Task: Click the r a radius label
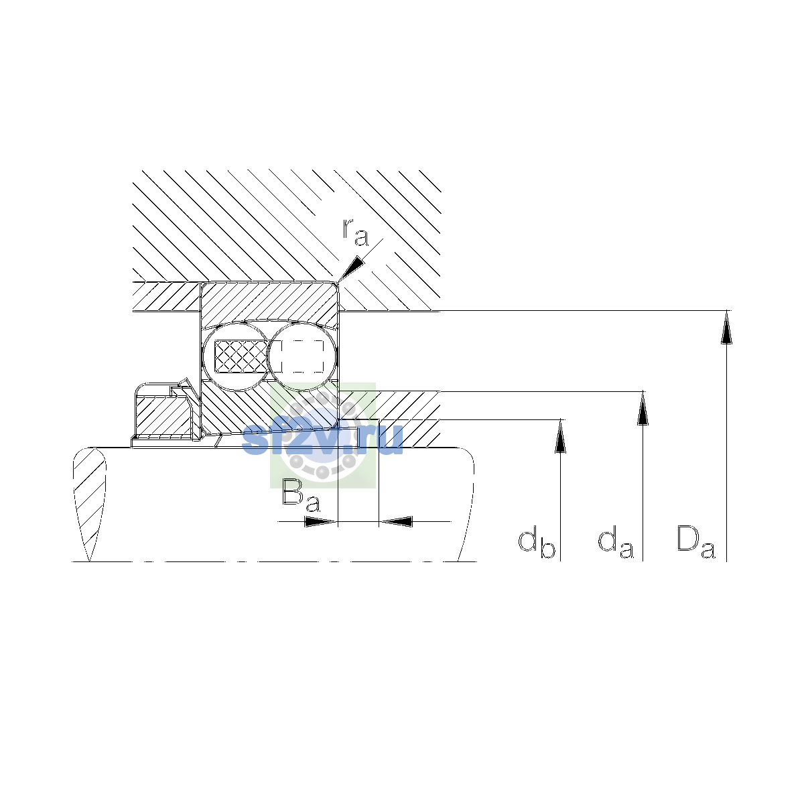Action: pos(356,232)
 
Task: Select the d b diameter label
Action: pos(537,544)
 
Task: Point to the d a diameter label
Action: pos(616,543)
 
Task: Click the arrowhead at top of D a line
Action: pos(726,327)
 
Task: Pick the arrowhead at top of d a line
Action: pos(643,408)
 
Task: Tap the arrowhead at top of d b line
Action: pos(560,435)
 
